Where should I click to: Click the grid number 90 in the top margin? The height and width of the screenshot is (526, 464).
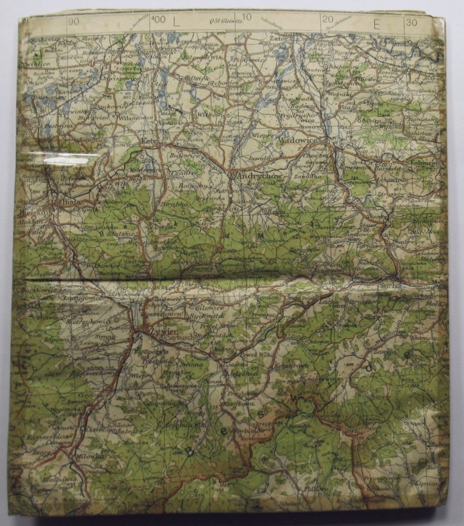(73, 22)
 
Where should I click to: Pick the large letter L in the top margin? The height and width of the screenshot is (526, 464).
(176, 22)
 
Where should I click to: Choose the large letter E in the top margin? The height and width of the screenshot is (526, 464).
(377, 23)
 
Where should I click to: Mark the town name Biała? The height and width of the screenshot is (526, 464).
(69, 201)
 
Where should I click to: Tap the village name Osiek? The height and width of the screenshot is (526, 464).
(198, 78)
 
